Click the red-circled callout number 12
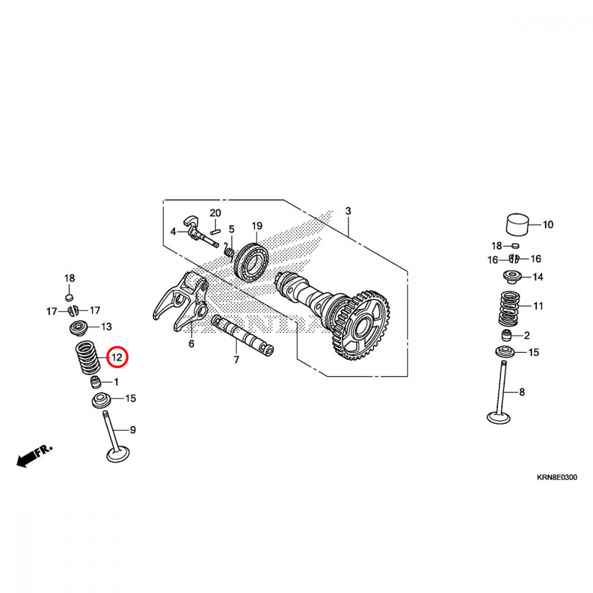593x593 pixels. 117,358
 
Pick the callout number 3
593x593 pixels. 348,211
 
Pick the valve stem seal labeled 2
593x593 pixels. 507,335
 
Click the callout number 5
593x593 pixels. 232,229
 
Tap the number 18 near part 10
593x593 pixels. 496,246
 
